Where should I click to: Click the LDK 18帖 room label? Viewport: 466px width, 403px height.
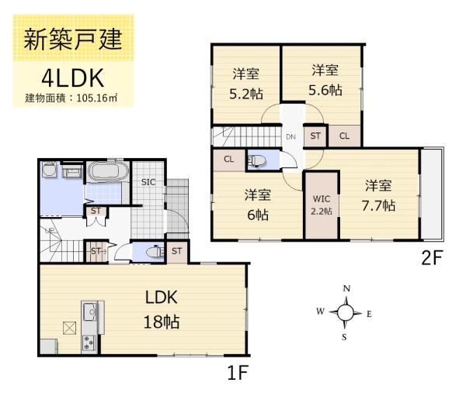point(161,308)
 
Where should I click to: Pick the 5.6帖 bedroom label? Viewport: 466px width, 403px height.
point(324,80)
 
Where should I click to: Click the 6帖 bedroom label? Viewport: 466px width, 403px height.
point(256,204)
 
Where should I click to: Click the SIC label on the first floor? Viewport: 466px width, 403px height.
point(149,182)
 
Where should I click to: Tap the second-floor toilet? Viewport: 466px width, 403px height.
point(258,161)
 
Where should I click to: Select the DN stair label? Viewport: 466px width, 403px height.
point(291,137)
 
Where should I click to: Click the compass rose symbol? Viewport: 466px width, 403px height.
point(346,312)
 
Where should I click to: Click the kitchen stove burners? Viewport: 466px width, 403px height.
point(89,341)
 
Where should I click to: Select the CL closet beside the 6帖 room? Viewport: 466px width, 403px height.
point(229,160)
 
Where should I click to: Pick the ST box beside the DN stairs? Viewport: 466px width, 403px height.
point(315,136)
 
